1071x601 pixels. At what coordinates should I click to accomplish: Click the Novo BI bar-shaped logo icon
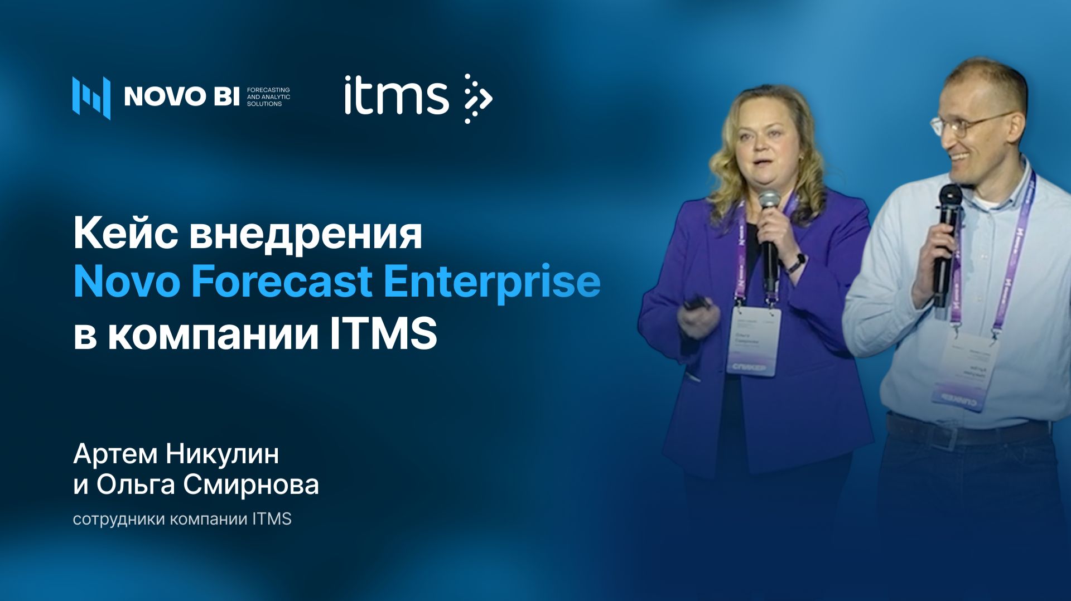91,97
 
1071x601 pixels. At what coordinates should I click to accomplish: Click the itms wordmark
396,96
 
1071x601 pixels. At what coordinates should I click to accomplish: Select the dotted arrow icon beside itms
477,98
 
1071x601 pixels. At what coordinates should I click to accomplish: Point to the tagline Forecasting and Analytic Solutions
268,96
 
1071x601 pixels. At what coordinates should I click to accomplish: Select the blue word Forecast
281,282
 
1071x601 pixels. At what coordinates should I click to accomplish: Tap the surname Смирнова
250,484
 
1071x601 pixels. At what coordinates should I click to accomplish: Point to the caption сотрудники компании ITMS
182,519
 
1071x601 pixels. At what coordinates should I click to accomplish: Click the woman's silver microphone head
769,199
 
